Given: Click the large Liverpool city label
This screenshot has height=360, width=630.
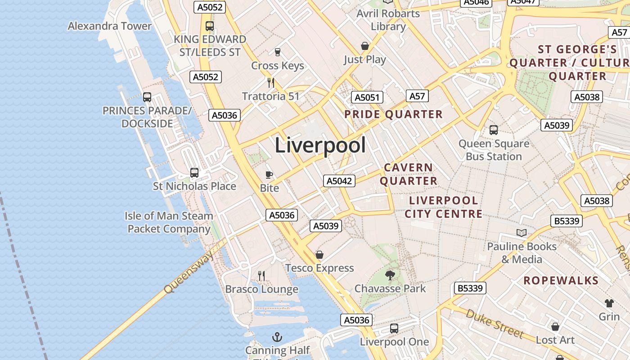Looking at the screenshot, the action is pyautogui.click(x=320, y=145).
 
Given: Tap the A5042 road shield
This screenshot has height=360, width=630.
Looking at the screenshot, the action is pyautogui.click(x=339, y=181).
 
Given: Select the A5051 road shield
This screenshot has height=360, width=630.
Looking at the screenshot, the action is pyautogui.click(x=367, y=97).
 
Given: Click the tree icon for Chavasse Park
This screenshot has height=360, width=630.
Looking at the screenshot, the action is pyautogui.click(x=390, y=275).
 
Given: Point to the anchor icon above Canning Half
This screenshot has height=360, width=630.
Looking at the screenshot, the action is pyautogui.click(x=278, y=337).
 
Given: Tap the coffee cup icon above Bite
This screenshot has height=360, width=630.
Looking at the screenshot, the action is pyautogui.click(x=269, y=175).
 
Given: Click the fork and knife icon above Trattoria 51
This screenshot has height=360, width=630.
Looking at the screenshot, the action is pyautogui.click(x=271, y=83).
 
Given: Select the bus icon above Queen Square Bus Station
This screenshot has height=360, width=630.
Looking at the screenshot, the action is pyautogui.click(x=494, y=130).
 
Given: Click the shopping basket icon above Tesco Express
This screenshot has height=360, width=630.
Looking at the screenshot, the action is pyautogui.click(x=319, y=255).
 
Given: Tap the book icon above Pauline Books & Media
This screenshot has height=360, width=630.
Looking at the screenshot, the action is pyautogui.click(x=522, y=233).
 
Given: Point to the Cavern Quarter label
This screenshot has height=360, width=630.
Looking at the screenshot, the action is pyautogui.click(x=409, y=174).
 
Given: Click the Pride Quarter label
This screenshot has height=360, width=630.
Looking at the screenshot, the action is pyautogui.click(x=393, y=114).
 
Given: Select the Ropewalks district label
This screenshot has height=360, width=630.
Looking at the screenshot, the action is pyautogui.click(x=561, y=280).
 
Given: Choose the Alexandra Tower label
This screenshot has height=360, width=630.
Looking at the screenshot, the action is pyautogui.click(x=110, y=26).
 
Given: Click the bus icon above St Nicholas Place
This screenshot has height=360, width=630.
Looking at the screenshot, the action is pyautogui.click(x=194, y=172).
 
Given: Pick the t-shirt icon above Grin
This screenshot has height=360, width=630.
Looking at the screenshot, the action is pyautogui.click(x=609, y=303).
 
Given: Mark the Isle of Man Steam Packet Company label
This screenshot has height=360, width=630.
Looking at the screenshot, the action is pyautogui.click(x=169, y=222).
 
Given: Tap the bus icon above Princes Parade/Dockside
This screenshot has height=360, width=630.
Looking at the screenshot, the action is pyautogui.click(x=147, y=97).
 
